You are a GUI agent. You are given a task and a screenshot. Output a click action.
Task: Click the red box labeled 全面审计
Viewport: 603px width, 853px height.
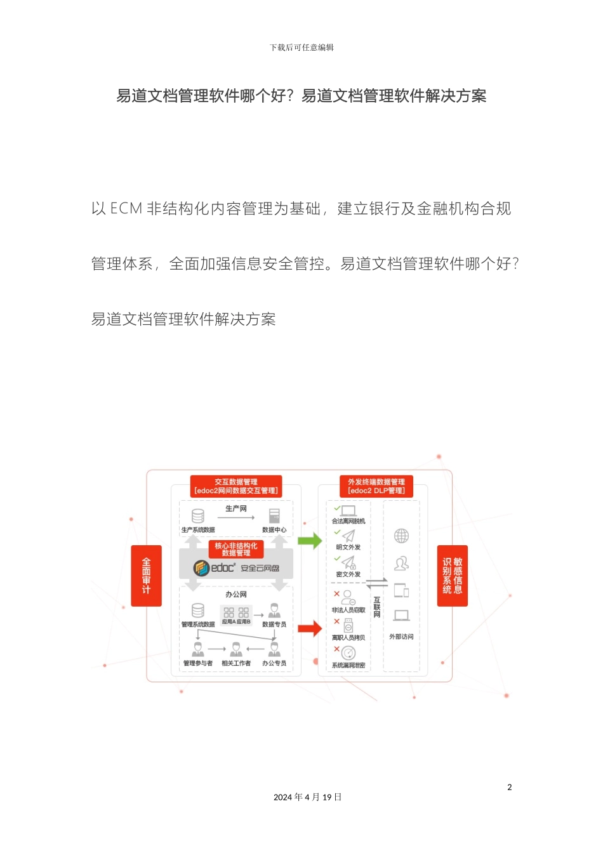(x=146, y=576)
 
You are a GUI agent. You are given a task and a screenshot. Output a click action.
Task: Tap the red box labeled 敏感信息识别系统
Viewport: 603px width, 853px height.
(x=453, y=576)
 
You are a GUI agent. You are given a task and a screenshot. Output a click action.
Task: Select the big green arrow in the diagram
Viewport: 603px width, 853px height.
(x=310, y=541)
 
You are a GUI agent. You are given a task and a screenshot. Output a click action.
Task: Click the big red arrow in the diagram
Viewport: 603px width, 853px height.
(x=310, y=629)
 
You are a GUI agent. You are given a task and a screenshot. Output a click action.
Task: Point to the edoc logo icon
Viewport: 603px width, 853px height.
(x=201, y=568)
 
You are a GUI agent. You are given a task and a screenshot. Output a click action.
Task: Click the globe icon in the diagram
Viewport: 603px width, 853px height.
(x=401, y=536)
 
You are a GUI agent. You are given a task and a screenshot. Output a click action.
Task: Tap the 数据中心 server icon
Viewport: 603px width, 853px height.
(x=274, y=515)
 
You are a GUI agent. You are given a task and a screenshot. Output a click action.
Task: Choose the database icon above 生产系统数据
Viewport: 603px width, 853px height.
(x=198, y=515)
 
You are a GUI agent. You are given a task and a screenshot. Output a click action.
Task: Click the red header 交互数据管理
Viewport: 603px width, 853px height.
(x=236, y=486)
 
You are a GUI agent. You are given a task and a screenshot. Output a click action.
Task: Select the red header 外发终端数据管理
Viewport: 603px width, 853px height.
(x=376, y=486)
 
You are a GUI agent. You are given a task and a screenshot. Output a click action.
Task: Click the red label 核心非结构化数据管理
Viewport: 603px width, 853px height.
(x=236, y=549)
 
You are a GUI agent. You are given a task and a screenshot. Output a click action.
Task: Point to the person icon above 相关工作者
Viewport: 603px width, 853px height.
(x=236, y=649)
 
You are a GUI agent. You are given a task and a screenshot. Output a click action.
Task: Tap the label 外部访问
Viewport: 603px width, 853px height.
(x=401, y=637)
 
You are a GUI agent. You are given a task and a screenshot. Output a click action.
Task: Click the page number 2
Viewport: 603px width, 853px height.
(x=509, y=787)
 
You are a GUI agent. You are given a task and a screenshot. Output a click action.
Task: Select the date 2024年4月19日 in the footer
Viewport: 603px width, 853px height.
(x=307, y=797)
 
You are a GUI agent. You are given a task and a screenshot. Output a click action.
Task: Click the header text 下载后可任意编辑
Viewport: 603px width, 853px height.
(x=301, y=48)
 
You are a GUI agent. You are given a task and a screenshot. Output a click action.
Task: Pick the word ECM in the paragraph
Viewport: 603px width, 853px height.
(x=126, y=209)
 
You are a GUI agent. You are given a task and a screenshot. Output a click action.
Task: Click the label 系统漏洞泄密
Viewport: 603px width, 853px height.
(x=348, y=665)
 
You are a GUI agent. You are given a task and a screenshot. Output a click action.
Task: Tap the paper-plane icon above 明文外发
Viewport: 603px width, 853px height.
(x=348, y=536)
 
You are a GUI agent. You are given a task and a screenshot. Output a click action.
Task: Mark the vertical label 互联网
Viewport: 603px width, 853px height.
(x=377, y=607)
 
